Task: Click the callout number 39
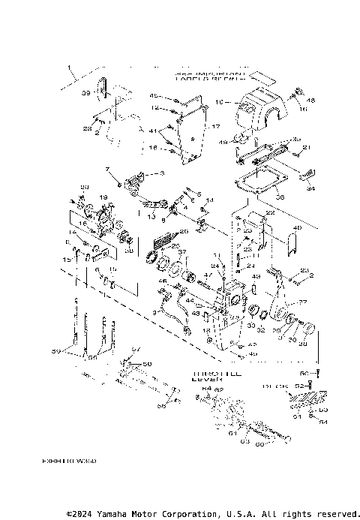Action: click(x=85, y=93)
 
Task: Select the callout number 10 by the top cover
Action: click(x=219, y=101)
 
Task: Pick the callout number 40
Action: click(x=296, y=229)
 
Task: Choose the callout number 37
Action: click(x=181, y=252)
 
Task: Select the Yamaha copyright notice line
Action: click(x=213, y=514)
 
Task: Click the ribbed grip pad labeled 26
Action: click(x=161, y=242)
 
